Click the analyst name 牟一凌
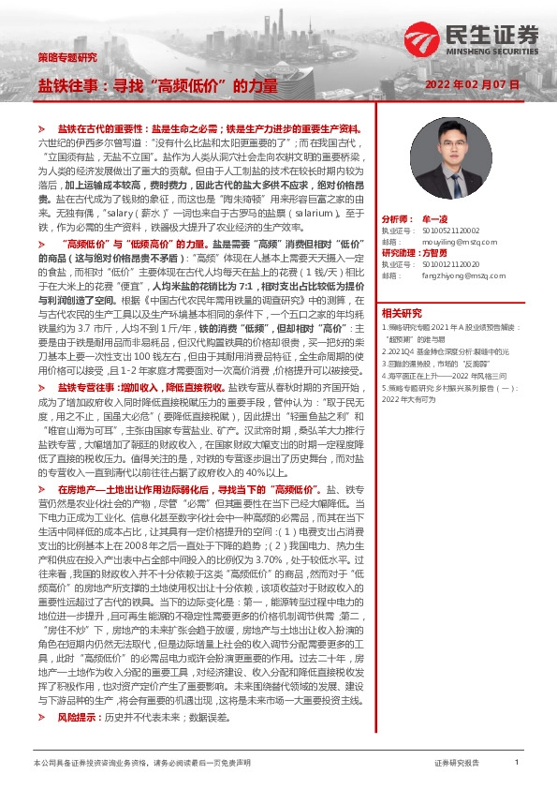tap(435, 215)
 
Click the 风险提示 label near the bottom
tap(77, 717)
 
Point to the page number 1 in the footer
tap(517, 764)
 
